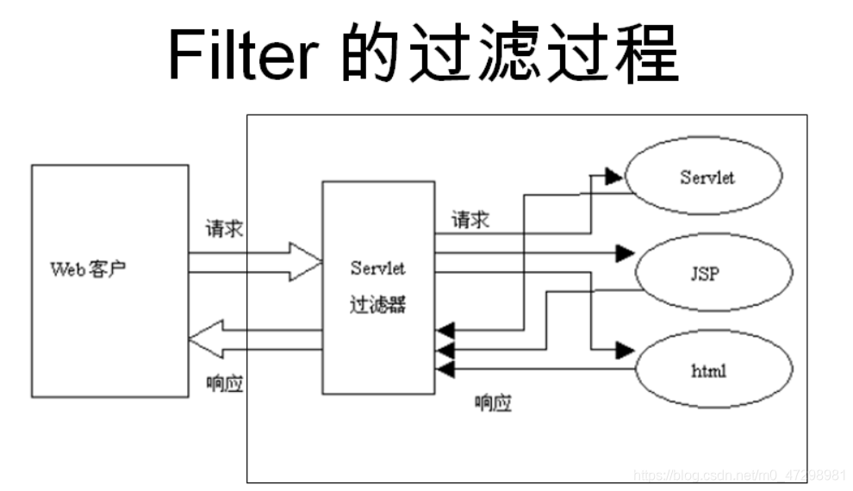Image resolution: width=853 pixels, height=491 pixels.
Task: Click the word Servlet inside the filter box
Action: [377, 268]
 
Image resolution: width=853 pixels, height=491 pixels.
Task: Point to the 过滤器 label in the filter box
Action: [377, 304]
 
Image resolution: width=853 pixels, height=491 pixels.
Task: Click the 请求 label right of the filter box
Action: [470, 220]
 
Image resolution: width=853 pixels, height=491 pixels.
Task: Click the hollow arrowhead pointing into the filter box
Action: [305, 262]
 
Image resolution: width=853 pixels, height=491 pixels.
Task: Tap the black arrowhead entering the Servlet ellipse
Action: [613, 177]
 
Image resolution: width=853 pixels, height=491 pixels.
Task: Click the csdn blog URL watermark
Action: [739, 475]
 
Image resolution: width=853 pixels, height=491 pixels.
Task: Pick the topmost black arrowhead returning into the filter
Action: [445, 329]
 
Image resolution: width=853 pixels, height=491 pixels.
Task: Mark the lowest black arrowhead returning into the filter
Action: [445, 370]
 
